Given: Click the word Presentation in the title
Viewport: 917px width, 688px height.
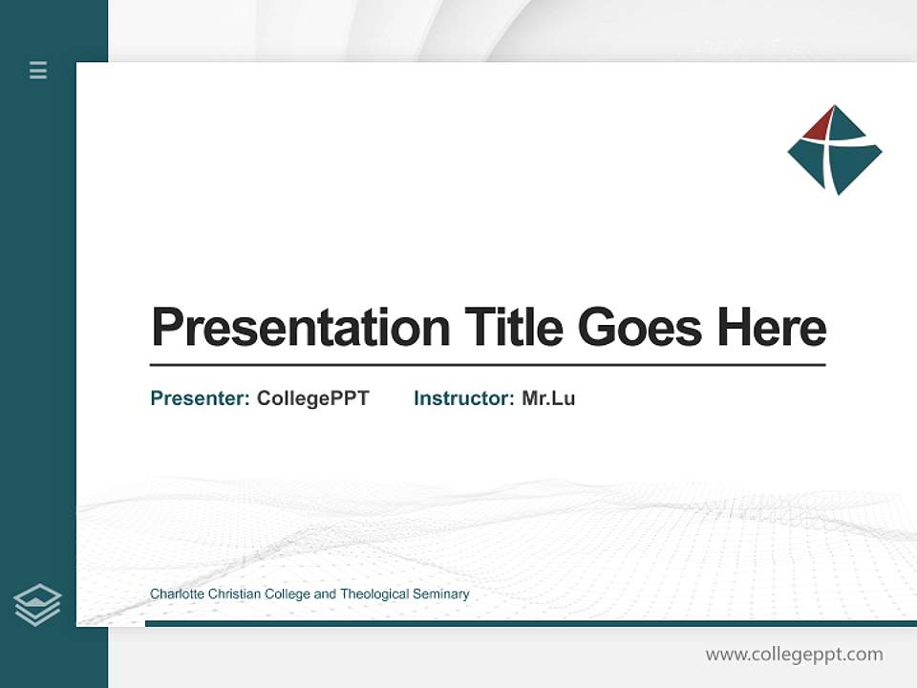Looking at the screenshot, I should pyautogui.click(x=301, y=328).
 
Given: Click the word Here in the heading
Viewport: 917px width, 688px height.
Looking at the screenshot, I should pyautogui.click(x=771, y=328).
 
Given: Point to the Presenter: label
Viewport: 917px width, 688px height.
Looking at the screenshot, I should pyautogui.click(x=200, y=398).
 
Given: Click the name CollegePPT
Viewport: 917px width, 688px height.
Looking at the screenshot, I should pyautogui.click(x=312, y=398).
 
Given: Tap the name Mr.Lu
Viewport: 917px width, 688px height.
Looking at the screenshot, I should pyautogui.click(x=548, y=398).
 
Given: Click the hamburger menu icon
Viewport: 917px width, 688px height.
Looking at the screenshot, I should pyautogui.click(x=38, y=70).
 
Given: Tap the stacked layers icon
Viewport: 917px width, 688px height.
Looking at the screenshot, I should pyautogui.click(x=37, y=604).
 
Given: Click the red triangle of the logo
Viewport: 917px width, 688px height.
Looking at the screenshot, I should pyautogui.click(x=820, y=124).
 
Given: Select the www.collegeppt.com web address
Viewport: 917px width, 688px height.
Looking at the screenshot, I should pyautogui.click(x=794, y=655).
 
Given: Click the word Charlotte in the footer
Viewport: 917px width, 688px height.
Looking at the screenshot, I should pyautogui.click(x=176, y=594).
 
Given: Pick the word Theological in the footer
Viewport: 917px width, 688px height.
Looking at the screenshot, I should pyautogui.click(x=373, y=594).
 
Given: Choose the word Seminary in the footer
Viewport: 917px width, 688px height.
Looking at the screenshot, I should pyautogui.click(x=440, y=594).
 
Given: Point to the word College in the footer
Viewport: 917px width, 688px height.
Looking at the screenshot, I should pyautogui.click(x=288, y=594).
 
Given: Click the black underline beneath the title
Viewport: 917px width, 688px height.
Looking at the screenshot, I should pyautogui.click(x=487, y=365).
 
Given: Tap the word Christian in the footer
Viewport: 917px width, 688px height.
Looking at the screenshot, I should pyautogui.click(x=234, y=594).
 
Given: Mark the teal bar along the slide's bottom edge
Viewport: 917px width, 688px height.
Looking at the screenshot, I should pyautogui.click(x=530, y=624).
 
